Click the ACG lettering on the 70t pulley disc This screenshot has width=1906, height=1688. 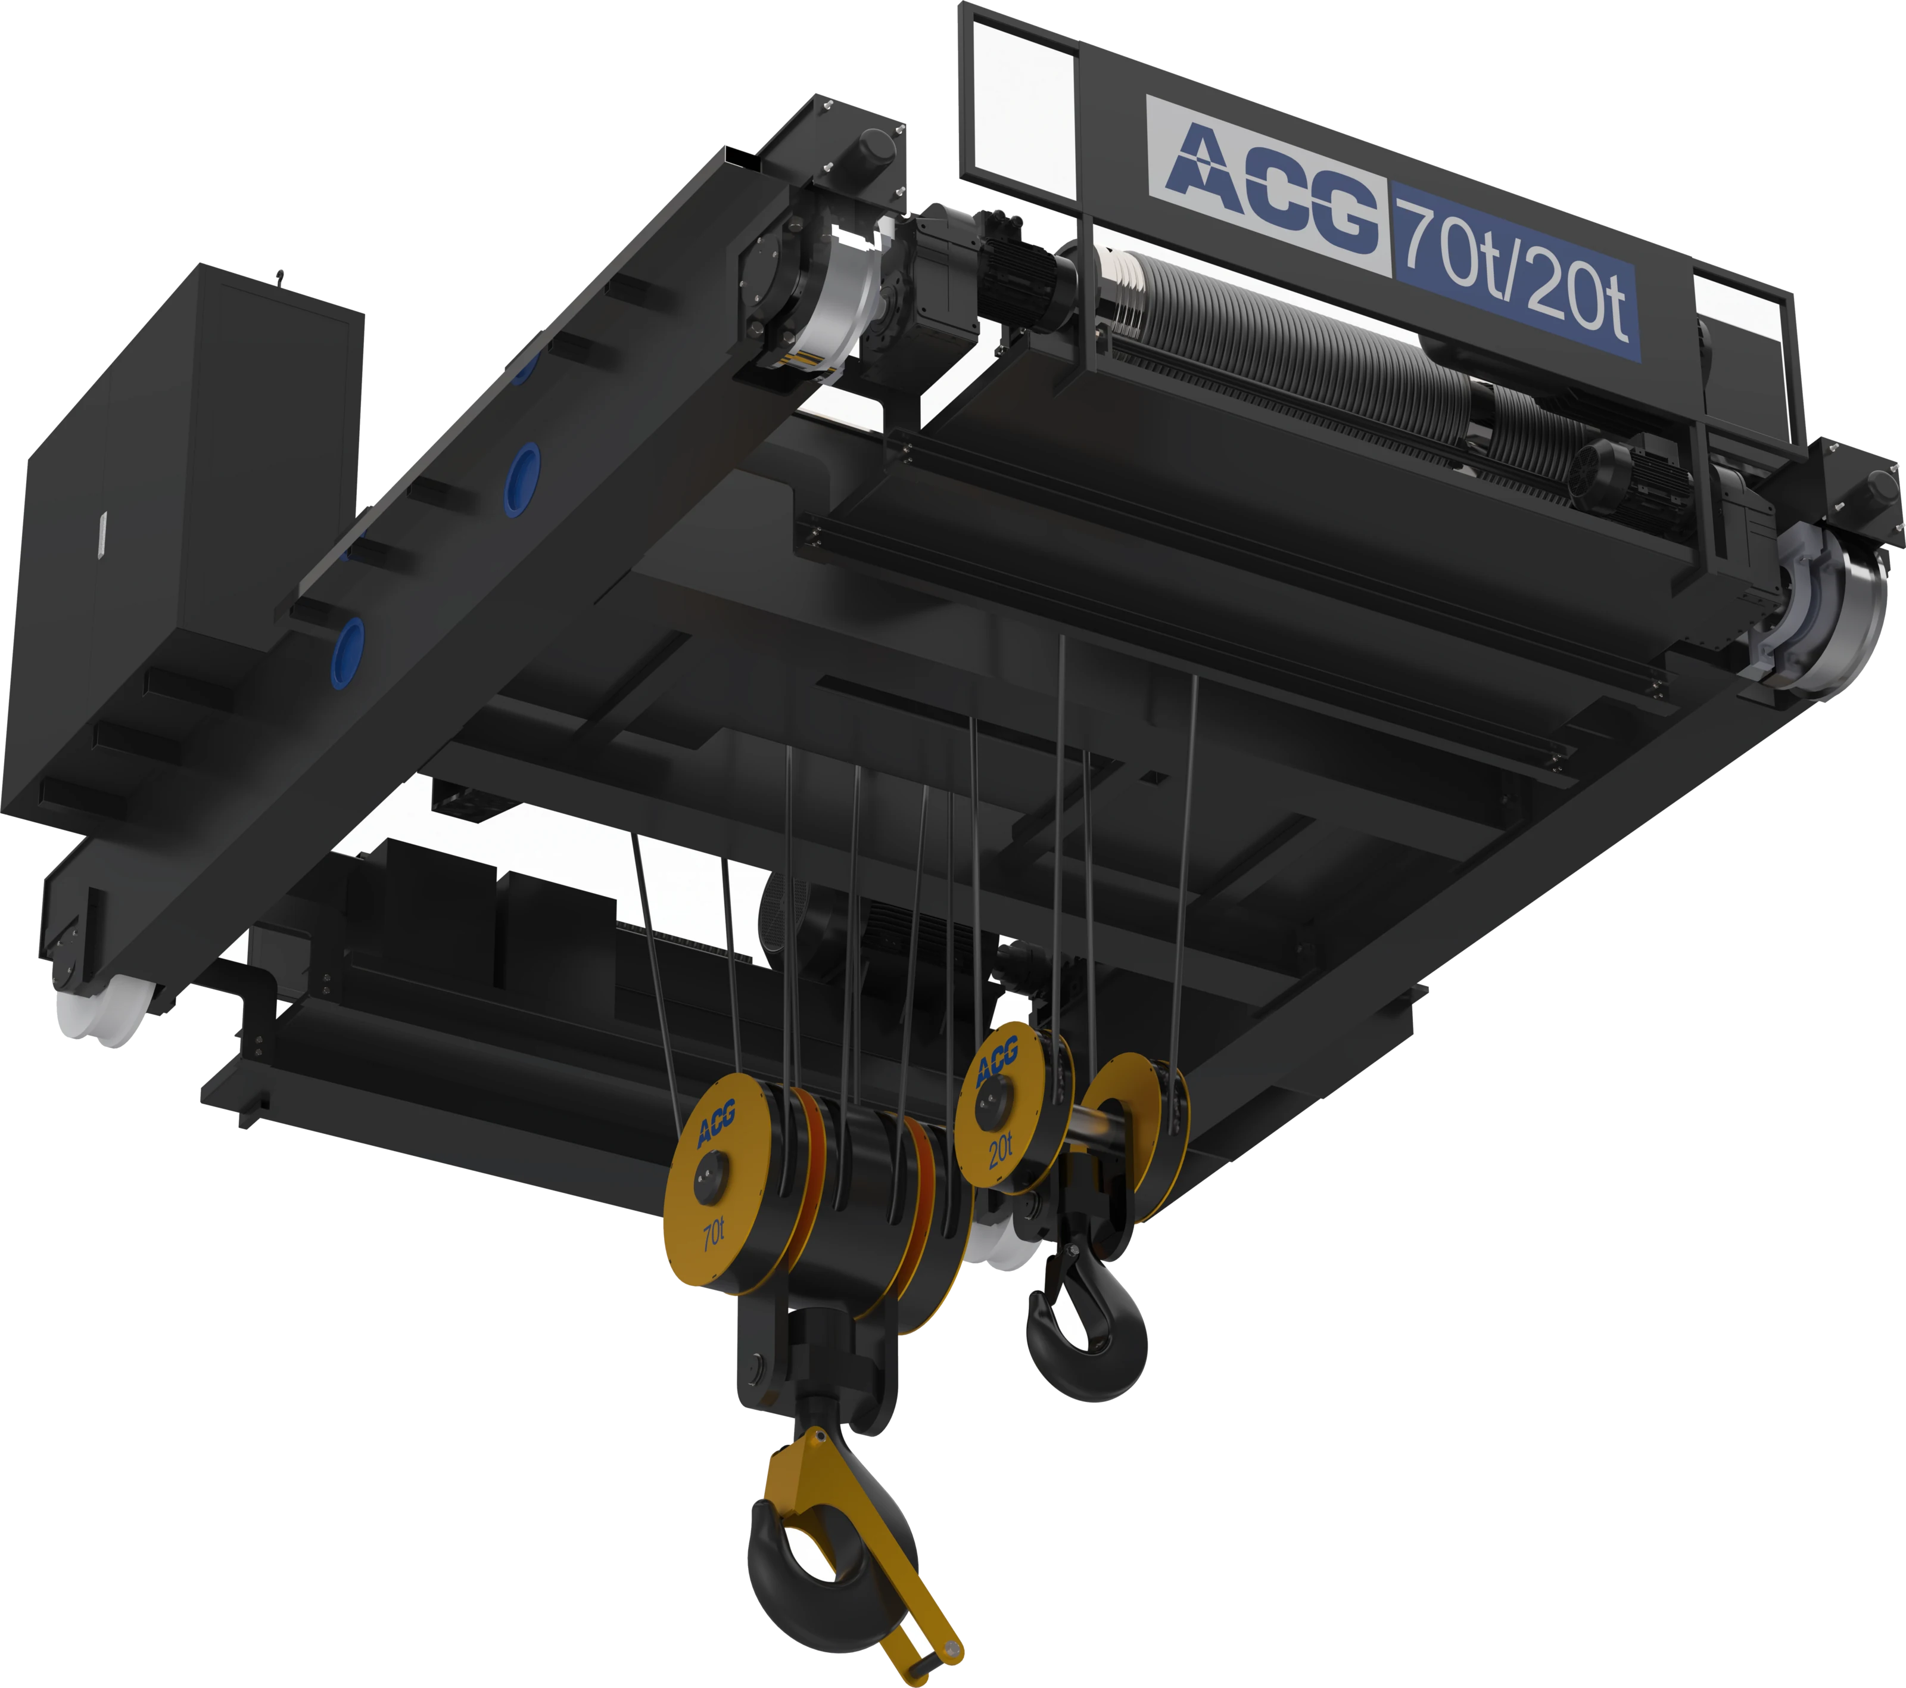tap(716, 1122)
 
